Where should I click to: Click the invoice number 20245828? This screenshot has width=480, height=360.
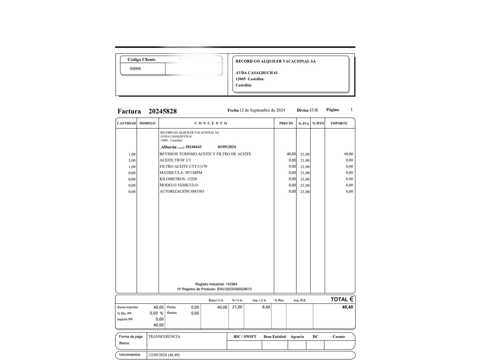coord(162,111)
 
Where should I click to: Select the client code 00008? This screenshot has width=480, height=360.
coord(135,69)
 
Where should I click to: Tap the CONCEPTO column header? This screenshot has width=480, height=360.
coord(211,123)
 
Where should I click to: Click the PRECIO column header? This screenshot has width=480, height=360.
coord(286,123)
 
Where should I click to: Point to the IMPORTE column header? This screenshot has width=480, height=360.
coord(339,123)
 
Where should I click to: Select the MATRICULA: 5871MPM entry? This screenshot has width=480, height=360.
coord(181,173)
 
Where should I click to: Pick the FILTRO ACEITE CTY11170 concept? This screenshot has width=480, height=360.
coord(183,166)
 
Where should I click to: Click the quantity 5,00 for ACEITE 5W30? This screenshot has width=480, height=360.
coord(132,160)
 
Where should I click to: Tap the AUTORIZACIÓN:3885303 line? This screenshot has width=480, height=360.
coord(182,191)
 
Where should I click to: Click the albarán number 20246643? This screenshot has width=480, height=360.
coord(193,147)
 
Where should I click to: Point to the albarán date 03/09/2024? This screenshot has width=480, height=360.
coord(227,147)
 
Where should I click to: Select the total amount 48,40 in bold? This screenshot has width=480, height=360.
coord(347,307)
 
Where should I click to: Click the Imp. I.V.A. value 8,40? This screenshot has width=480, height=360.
coord(266,307)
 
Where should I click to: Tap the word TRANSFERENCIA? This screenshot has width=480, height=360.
coord(164,337)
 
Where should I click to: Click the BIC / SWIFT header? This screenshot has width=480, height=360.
coord(245,337)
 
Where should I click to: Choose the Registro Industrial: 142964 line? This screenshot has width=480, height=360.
coord(216,284)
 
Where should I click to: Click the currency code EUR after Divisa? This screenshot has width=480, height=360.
coord(314,110)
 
